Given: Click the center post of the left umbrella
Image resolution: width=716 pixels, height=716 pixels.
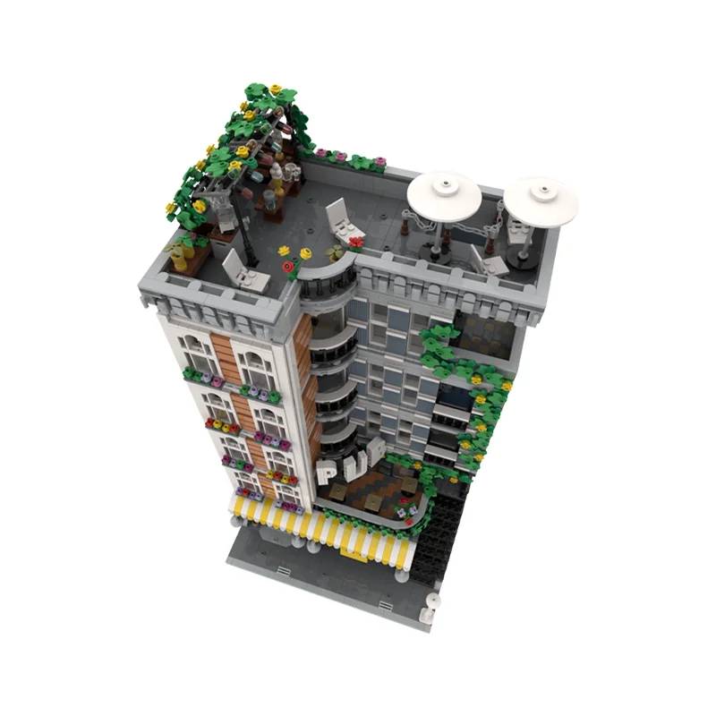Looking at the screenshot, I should pyautogui.click(x=439, y=234).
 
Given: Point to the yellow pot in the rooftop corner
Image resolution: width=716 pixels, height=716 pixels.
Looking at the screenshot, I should pyautogui.click(x=180, y=258).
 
